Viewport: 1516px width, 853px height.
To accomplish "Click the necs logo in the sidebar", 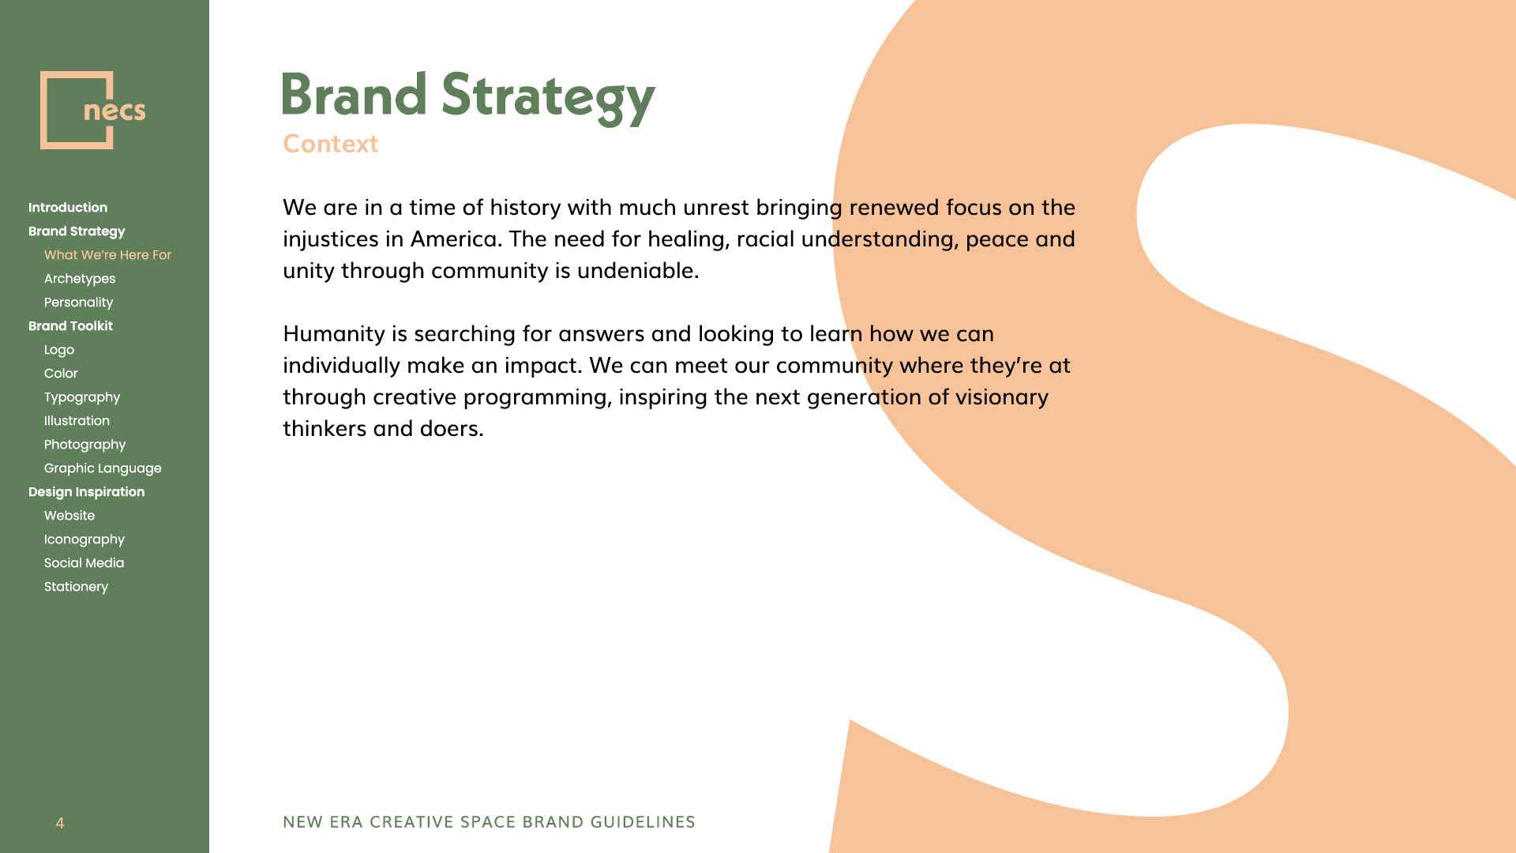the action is [92, 110].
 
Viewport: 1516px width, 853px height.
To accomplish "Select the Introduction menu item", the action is [68, 208].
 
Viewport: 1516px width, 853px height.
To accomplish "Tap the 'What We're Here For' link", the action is [107, 255].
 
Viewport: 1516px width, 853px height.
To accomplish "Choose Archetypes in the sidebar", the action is [80, 279].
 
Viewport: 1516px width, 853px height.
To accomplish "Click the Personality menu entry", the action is [78, 302].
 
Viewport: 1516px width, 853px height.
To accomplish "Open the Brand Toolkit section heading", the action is [70, 326].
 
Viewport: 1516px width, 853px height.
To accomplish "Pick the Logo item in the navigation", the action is [59, 350].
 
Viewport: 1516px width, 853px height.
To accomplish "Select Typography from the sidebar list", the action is [82, 397].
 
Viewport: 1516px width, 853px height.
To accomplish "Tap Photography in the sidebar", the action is [84, 445].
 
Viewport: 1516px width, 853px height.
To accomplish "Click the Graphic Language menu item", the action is [103, 468].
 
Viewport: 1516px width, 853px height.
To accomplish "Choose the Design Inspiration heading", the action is [86, 492].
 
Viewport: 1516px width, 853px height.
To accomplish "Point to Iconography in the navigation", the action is [84, 539].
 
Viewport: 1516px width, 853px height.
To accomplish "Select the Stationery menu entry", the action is [76, 587].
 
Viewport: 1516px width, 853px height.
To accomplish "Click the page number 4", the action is [60, 823].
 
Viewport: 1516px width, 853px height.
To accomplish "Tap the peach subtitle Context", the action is [331, 144].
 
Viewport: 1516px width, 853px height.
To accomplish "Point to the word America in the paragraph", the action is [456, 239].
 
